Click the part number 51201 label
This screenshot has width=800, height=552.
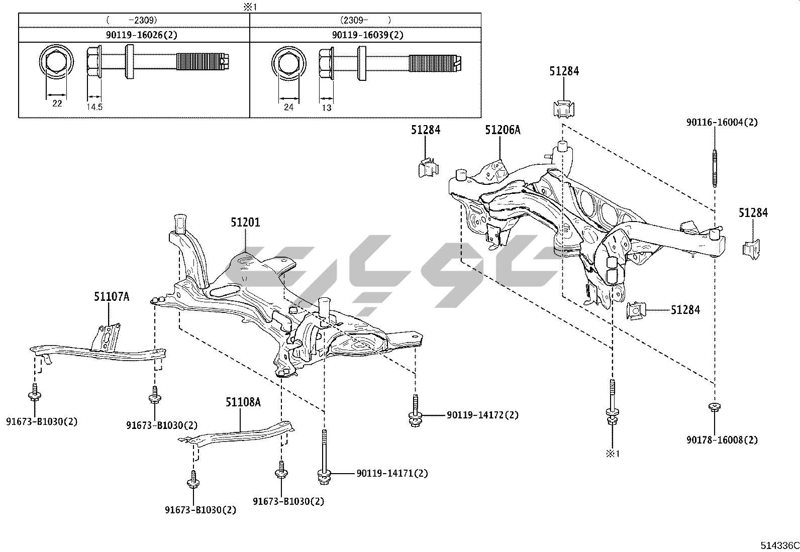click(x=246, y=222)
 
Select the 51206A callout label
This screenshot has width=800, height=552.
click(x=503, y=130)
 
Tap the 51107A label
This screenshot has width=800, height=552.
click(x=112, y=297)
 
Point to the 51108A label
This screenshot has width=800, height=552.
click(x=243, y=402)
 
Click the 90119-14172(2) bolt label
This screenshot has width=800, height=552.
click(x=482, y=415)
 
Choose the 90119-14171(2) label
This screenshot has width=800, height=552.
click(x=392, y=474)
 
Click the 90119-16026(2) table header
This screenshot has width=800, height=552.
click(x=134, y=35)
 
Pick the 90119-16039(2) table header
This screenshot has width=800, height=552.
click(x=367, y=35)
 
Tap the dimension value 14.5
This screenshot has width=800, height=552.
click(x=94, y=107)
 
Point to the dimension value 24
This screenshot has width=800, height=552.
click(x=289, y=107)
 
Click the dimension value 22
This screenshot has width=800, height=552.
click(x=57, y=103)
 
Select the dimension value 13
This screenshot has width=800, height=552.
click(x=326, y=107)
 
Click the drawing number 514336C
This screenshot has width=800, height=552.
click(x=778, y=545)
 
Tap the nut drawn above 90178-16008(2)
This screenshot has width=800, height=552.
click(x=714, y=406)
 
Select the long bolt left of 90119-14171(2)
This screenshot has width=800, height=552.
click(x=324, y=457)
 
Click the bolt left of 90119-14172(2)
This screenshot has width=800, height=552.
click(x=415, y=412)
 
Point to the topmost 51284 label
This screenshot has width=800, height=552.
click(x=564, y=71)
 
